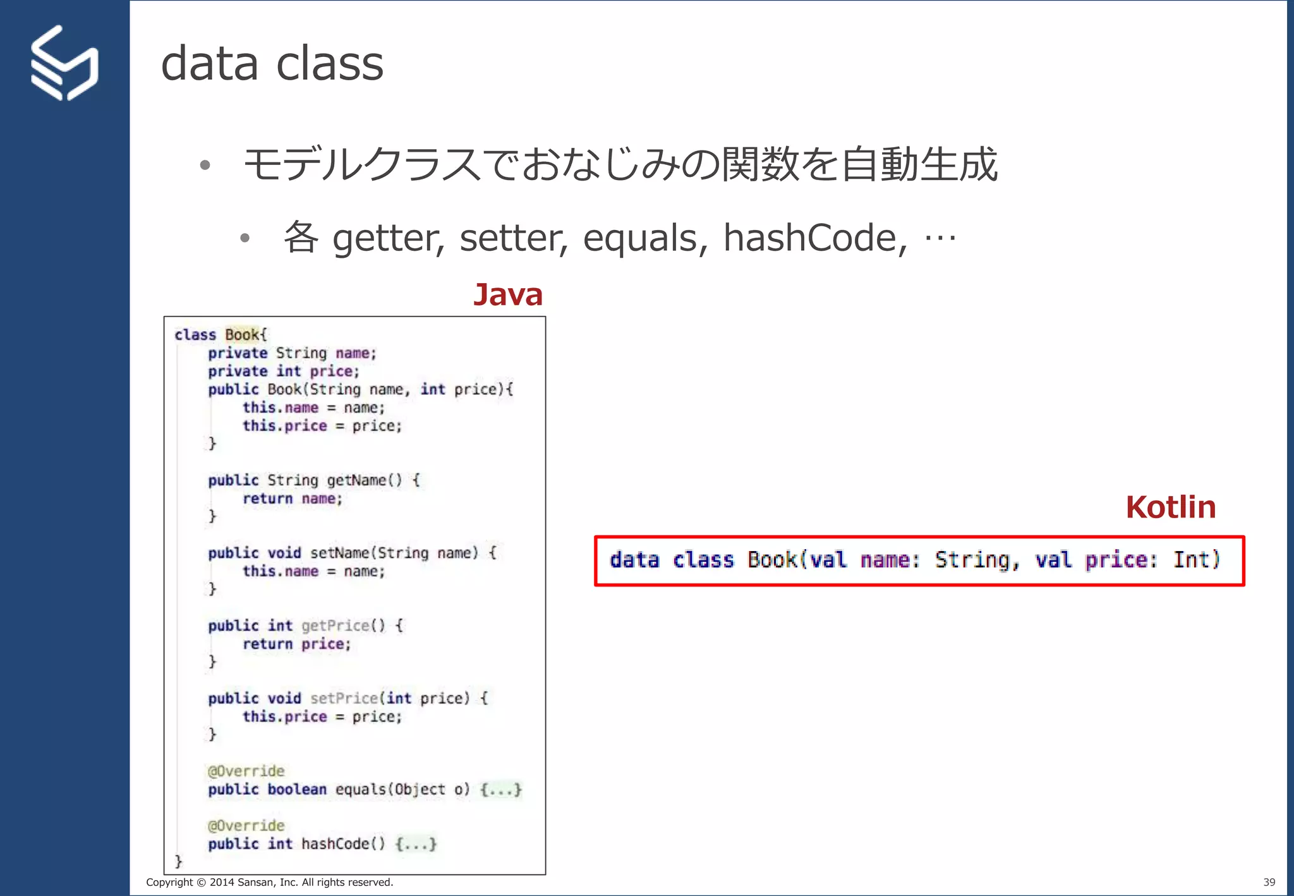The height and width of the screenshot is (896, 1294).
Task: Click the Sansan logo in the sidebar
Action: click(x=64, y=63)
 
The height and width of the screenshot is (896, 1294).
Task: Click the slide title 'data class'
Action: click(x=272, y=64)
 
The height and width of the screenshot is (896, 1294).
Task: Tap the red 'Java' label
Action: click(x=508, y=294)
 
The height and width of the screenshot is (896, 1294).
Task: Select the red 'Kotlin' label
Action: click(x=1170, y=507)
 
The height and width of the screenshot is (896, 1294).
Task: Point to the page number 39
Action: click(x=1269, y=882)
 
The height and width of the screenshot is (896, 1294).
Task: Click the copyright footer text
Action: click(x=270, y=882)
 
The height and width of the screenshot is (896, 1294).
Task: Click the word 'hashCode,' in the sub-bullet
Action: click(x=815, y=238)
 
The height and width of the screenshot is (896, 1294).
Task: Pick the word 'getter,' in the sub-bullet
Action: click(x=389, y=238)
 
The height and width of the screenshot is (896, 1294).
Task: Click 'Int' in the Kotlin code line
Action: click(x=1191, y=560)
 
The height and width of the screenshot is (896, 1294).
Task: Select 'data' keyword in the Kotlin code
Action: click(x=634, y=560)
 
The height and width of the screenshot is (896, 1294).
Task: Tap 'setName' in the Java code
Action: click(x=339, y=553)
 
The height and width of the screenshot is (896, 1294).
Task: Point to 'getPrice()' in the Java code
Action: click(x=343, y=626)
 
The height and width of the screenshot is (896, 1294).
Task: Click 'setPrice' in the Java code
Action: click(x=344, y=698)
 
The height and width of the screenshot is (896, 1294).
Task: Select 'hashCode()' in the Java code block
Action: click(x=343, y=844)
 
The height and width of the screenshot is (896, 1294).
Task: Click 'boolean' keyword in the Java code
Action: click(x=297, y=789)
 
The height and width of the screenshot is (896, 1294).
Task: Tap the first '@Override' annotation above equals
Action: click(x=246, y=771)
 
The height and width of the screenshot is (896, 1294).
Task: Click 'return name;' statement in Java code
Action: click(x=292, y=499)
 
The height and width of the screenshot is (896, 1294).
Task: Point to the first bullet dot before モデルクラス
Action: click(x=204, y=166)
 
